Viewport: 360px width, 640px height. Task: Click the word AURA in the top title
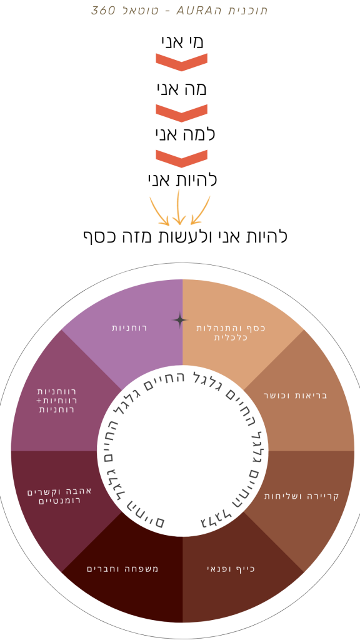(192, 10)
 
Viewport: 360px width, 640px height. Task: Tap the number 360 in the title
(102, 10)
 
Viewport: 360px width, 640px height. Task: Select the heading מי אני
(182, 42)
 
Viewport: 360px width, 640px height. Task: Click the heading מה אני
(182, 89)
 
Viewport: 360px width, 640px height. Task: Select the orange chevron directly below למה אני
(182, 159)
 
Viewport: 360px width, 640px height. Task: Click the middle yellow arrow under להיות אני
(178, 207)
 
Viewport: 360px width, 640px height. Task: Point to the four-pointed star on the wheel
(180, 321)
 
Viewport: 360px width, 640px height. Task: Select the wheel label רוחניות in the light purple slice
(129, 327)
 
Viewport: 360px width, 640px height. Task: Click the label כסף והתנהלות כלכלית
(231, 332)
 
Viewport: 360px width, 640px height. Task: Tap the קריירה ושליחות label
(302, 496)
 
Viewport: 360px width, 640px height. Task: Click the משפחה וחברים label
(122, 569)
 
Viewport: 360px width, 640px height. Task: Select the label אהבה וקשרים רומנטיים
(59, 496)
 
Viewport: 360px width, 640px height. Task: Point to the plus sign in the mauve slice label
(39, 401)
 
